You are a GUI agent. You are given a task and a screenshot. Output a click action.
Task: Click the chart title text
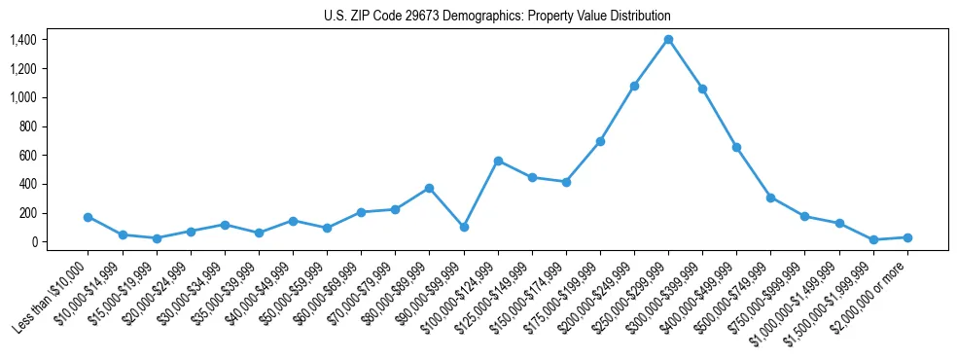tap(497, 17)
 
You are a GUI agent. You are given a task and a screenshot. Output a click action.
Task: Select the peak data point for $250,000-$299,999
tap(668, 40)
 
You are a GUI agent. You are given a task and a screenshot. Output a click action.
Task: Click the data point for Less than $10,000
tap(89, 217)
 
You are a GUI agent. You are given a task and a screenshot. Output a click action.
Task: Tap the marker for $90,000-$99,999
tap(464, 227)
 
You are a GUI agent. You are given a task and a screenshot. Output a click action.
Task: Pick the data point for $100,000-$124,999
tap(498, 161)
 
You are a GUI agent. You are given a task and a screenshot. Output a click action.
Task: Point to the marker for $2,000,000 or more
tap(907, 237)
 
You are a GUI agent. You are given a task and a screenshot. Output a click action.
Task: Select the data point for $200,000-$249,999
tap(634, 86)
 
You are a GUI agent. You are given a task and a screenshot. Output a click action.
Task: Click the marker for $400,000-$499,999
tap(736, 147)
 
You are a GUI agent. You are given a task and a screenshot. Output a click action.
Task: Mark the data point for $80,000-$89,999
tap(429, 188)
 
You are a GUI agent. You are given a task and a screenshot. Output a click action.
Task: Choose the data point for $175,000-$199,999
tap(600, 141)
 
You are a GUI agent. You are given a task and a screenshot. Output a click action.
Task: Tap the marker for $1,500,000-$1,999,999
tap(873, 239)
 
